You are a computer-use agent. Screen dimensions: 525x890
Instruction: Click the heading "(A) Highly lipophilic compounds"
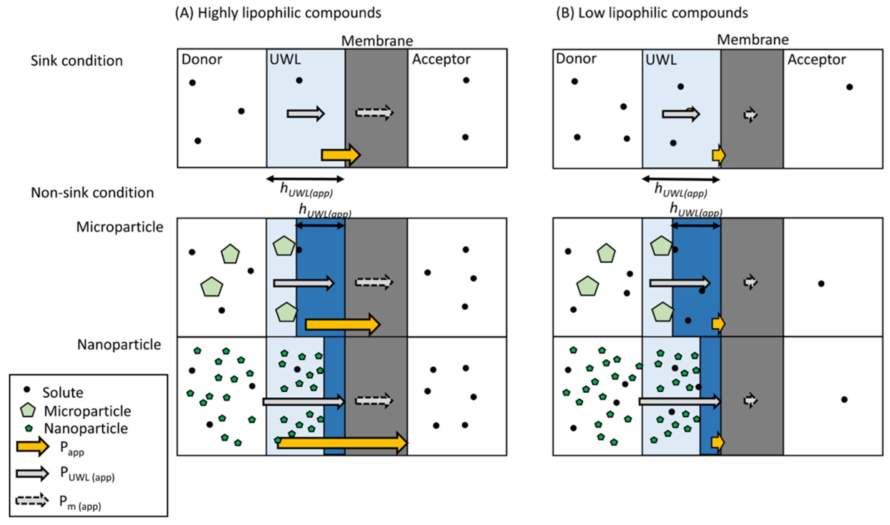[278, 13]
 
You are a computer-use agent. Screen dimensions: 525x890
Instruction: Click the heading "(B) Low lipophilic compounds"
[652, 13]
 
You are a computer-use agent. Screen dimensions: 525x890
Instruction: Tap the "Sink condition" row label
[77, 61]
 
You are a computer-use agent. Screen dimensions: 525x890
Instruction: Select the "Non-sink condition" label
[92, 193]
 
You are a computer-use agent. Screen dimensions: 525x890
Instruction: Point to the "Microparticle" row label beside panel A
[120, 227]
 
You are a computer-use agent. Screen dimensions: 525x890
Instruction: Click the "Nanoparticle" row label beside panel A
[119, 344]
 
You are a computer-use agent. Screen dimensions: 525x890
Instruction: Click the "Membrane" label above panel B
[752, 40]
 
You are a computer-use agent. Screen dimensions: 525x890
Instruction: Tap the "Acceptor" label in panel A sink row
[441, 59]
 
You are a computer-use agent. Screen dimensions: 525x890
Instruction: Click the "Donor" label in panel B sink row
[575, 58]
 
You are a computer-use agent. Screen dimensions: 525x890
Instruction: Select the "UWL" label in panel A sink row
[285, 59]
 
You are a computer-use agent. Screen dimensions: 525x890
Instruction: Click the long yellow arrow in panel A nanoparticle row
[342, 443]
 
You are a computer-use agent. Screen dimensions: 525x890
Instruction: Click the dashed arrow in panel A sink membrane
[375, 113]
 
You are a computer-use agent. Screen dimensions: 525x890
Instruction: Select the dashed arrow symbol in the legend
[32, 500]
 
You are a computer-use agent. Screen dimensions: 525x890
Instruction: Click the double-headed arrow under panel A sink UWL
[305, 179]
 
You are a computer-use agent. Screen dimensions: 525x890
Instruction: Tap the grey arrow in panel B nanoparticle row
[679, 401]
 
